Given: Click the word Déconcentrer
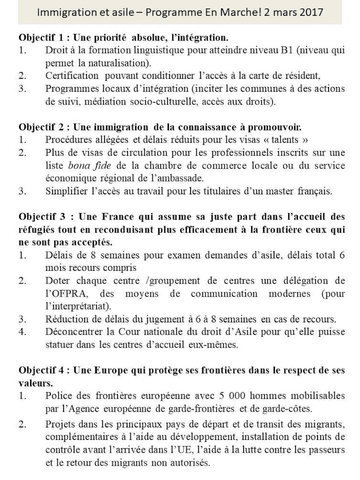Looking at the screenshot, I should point(73,331).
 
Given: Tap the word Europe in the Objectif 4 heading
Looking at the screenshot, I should point(111,370).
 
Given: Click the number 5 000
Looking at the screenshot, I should point(230,395).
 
